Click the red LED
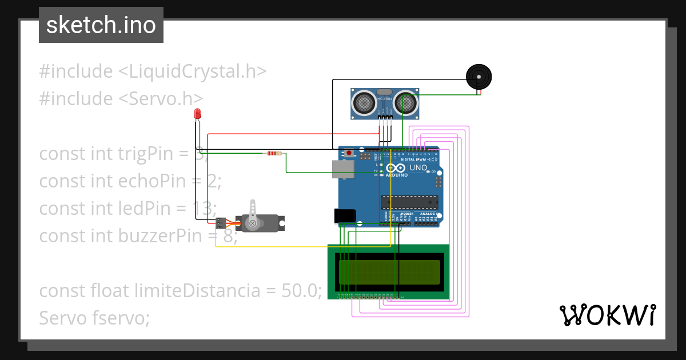coord(197,114)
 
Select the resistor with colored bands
coord(274,153)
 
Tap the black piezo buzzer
coord(478,77)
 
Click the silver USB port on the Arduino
coord(342,169)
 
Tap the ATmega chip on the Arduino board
coord(409,202)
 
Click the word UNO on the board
coord(418,168)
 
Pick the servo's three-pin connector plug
coord(221,223)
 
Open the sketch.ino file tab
coord(101,25)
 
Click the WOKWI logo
coord(607,315)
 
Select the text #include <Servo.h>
coord(121,98)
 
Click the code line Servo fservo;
coord(94,317)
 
